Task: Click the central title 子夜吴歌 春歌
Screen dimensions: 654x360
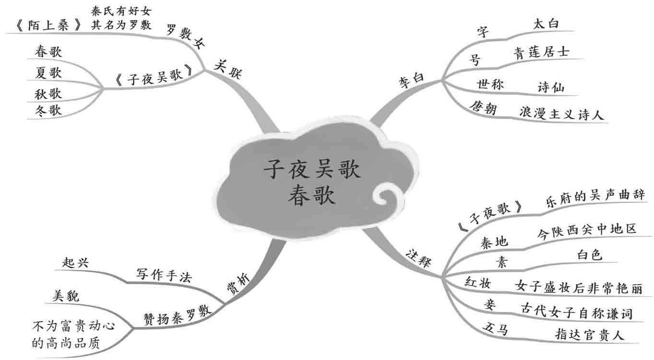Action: [311, 183]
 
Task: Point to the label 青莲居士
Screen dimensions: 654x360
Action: [541, 51]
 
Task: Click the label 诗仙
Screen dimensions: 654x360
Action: [551, 87]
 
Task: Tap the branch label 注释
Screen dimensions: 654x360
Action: [418, 258]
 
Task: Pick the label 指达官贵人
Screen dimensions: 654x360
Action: [590, 334]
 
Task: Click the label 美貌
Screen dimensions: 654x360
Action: [64, 296]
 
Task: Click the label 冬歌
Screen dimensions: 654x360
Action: [48, 110]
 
